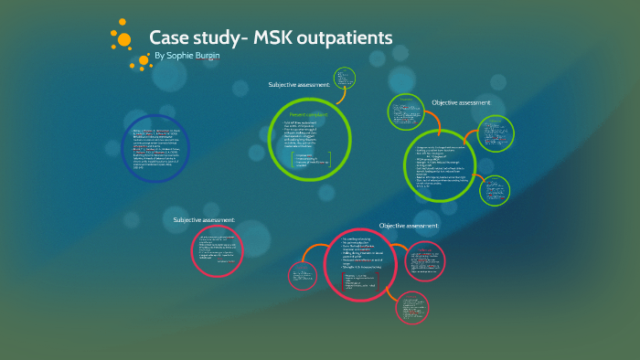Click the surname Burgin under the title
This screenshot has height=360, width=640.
(219, 57)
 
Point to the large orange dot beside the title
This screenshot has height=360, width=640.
(122, 38)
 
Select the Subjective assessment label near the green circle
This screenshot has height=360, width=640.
(299, 85)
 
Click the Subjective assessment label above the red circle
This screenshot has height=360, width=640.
(205, 219)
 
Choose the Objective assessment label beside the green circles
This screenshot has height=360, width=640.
(461, 102)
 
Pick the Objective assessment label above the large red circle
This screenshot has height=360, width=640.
(409, 225)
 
